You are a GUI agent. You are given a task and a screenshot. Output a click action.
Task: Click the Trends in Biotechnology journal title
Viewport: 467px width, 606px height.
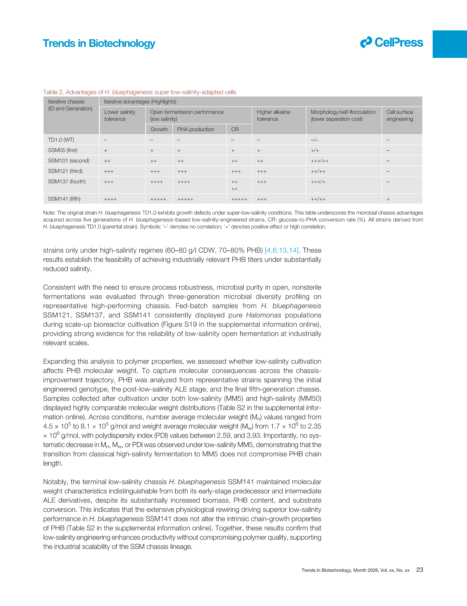pyautogui.click(x=99, y=44)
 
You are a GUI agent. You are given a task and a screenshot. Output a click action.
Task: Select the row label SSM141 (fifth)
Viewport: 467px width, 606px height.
pyautogui.click(x=64, y=199)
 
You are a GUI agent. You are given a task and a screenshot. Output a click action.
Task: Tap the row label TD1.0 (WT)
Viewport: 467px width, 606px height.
pyautogui.click(x=61, y=140)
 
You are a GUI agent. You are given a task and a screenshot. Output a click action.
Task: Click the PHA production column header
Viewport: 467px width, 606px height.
pyautogui.click(x=196, y=129)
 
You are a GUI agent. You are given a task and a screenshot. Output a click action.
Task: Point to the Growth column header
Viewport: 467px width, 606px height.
pyautogui.click(x=159, y=129)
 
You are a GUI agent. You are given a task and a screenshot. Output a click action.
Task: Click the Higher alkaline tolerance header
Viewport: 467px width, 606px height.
pyautogui.click(x=274, y=115)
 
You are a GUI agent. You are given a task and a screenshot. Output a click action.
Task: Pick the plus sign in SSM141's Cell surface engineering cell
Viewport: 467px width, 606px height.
pyautogui.click(x=388, y=199)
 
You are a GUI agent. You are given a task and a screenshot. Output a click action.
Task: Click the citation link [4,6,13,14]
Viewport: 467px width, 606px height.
pyautogui.click(x=282, y=250)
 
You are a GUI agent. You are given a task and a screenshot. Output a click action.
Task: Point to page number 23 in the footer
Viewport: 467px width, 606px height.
pyautogui.click(x=420, y=570)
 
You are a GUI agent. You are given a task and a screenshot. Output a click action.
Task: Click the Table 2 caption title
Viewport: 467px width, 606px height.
pyautogui.click(x=139, y=92)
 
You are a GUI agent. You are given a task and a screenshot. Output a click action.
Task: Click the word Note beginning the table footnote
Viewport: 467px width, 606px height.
pyautogui.click(x=49, y=213)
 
